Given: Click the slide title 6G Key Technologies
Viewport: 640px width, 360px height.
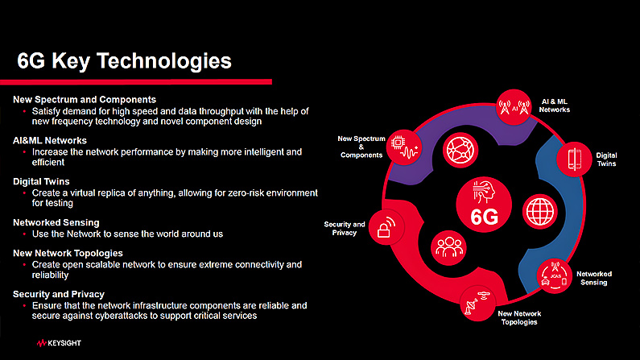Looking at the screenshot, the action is pyautogui.click(x=124, y=61).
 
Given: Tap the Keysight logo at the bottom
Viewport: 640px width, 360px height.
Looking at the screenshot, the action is pyautogui.click(x=59, y=343).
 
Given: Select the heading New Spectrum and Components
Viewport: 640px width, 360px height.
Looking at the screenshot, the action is pyautogui.click(x=85, y=100).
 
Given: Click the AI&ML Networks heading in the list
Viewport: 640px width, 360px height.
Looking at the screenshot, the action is pyautogui.click(x=50, y=140).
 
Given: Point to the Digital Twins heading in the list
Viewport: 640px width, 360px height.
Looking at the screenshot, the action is pyautogui.click(x=41, y=182).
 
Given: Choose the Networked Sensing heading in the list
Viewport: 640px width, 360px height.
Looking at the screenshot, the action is pyautogui.click(x=56, y=222).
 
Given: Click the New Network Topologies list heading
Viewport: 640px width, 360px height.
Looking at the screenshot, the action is pyautogui.click(x=68, y=253).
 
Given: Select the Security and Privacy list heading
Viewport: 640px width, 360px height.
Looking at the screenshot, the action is pyautogui.click(x=59, y=294).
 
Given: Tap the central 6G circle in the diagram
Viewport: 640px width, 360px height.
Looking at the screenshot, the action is pyautogui.click(x=484, y=205).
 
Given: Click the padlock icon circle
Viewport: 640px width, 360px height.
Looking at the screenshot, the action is pyautogui.click(x=386, y=227).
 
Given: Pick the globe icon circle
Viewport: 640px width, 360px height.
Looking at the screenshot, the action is pyautogui.click(x=540, y=212).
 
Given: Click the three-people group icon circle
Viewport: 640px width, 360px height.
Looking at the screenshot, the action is pyautogui.click(x=448, y=248).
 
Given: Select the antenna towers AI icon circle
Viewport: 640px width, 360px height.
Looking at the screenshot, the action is pyautogui.click(x=514, y=107).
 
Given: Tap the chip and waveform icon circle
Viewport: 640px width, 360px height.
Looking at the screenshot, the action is pyautogui.click(x=404, y=147).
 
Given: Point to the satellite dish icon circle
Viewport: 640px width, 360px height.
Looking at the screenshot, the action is pyautogui.click(x=478, y=304).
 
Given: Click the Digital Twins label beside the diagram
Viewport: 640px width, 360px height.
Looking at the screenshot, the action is pyautogui.click(x=606, y=159).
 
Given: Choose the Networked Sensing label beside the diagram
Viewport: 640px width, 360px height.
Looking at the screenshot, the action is pyautogui.click(x=594, y=279).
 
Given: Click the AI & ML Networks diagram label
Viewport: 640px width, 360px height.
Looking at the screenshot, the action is pyautogui.click(x=555, y=106).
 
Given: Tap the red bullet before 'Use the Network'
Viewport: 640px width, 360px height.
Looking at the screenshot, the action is pyautogui.click(x=24, y=234).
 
